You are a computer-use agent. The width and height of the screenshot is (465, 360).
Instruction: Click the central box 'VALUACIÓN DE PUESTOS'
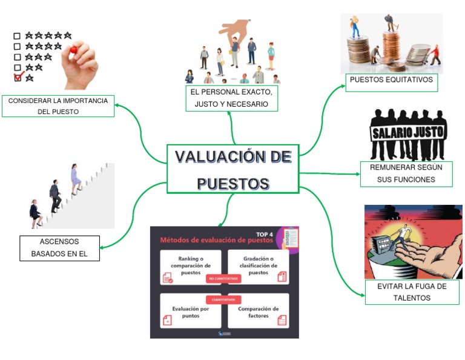233,169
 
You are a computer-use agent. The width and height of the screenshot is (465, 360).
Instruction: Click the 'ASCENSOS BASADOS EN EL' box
59,248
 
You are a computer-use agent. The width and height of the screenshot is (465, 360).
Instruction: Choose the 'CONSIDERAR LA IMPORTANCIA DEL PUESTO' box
58,106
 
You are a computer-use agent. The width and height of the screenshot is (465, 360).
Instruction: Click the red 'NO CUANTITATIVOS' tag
224,279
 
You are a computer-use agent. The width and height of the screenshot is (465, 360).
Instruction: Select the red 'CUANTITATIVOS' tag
224,299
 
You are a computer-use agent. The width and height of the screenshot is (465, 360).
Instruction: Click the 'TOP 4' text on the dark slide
264,234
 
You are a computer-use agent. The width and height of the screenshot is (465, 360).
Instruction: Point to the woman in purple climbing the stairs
75,178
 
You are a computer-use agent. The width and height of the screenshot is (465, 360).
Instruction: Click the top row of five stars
48,36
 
